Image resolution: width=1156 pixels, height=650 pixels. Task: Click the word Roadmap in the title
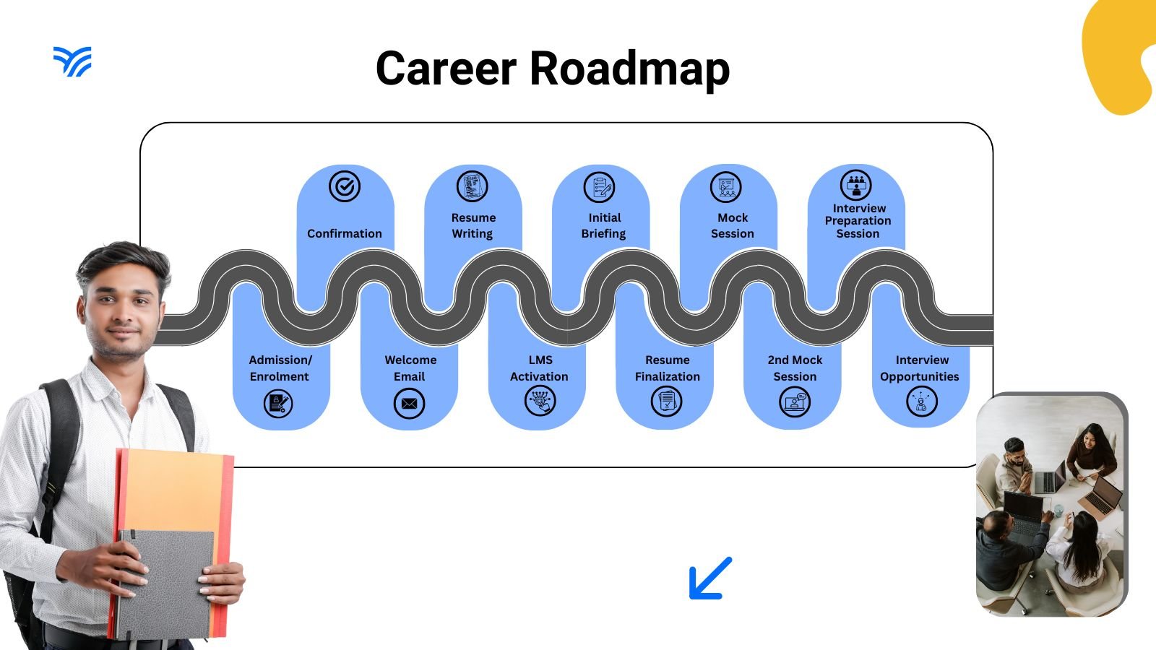(629, 69)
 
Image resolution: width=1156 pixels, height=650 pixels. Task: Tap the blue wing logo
(72, 61)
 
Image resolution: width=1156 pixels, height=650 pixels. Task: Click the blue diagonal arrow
(710, 578)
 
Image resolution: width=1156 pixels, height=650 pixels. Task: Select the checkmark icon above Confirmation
(345, 186)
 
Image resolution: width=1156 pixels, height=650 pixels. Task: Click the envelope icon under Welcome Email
(409, 403)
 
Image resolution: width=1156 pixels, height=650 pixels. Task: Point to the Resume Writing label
(473, 225)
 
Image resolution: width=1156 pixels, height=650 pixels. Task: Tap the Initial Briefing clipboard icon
(600, 188)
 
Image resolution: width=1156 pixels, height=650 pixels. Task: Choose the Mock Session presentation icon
(726, 187)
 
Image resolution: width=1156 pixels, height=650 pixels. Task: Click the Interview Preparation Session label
(858, 221)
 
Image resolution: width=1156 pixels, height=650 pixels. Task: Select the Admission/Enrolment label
(280, 368)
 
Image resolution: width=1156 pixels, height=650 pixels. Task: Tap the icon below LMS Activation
(540, 401)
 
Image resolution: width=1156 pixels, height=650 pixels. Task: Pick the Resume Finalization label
(668, 368)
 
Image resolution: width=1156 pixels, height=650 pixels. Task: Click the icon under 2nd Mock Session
(795, 402)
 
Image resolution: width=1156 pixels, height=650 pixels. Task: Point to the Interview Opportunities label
(920, 368)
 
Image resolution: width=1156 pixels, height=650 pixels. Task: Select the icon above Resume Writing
(473, 186)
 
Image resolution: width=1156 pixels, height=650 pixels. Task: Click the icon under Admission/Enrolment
(279, 402)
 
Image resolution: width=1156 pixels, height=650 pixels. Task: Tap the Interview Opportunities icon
(921, 402)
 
